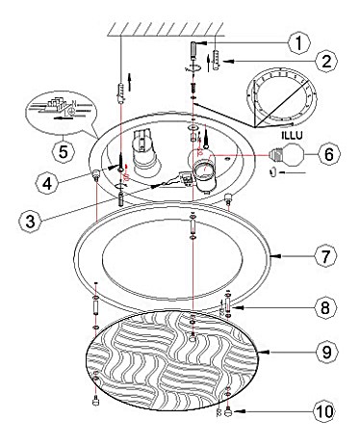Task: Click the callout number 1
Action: tap(298, 43)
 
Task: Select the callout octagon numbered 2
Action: tap(326, 61)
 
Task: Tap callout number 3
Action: tap(30, 221)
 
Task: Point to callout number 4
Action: tap(47, 184)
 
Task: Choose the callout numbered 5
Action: tap(64, 151)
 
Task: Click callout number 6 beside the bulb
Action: tap(329, 154)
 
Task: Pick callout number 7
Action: tap(325, 256)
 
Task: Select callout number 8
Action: tap(325, 307)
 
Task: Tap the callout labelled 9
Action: tap(326, 353)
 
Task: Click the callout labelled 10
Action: tap(324, 411)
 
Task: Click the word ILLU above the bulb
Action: tap(292, 135)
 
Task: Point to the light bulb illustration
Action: tap(287, 154)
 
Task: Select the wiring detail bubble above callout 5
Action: tap(61, 113)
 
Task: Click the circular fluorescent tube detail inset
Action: tap(281, 97)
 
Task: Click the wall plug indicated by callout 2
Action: tap(217, 60)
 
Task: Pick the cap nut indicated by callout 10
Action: tap(228, 411)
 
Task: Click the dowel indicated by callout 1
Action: tap(193, 50)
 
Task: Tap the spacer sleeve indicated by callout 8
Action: tap(228, 303)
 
